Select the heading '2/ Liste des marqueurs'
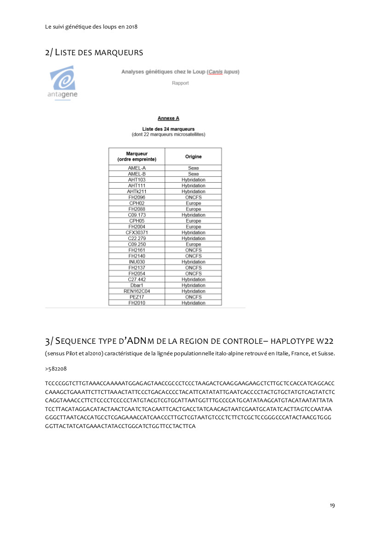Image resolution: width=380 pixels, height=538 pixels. pos(94,52)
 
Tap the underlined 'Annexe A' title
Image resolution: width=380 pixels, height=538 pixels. pos(168,118)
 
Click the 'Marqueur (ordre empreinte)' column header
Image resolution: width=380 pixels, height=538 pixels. pos(137,156)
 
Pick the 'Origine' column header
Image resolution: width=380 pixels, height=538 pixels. pos(193,156)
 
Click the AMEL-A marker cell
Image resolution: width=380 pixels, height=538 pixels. pos(137,168)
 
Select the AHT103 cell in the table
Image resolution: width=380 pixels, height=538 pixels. pos(137,180)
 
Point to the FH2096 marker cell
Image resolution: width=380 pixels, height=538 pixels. pos(137,197)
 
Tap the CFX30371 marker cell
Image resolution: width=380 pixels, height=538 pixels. pos(137,233)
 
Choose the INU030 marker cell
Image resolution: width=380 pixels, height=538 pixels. pos(137,262)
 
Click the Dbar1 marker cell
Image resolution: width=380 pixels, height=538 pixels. pos(137,285)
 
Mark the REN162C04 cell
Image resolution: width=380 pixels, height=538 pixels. pos(137,291)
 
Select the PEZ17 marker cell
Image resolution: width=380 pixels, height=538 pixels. pos(137,297)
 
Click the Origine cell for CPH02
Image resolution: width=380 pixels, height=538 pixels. pos(193,203)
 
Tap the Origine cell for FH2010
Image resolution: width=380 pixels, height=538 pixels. pos(193,303)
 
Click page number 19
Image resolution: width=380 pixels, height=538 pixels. pos(332,505)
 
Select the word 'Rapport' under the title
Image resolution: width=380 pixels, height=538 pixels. pos(180,83)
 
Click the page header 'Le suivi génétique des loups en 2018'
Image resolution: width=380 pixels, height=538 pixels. pos(92,26)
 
